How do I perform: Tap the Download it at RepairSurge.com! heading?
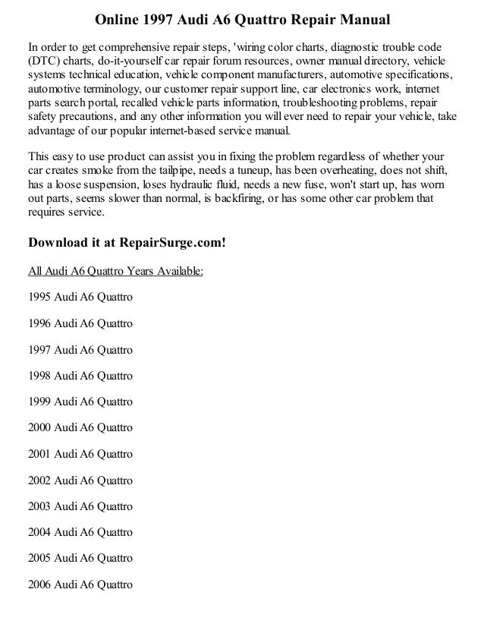pos(127,243)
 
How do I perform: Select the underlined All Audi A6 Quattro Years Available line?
pos(115,271)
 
